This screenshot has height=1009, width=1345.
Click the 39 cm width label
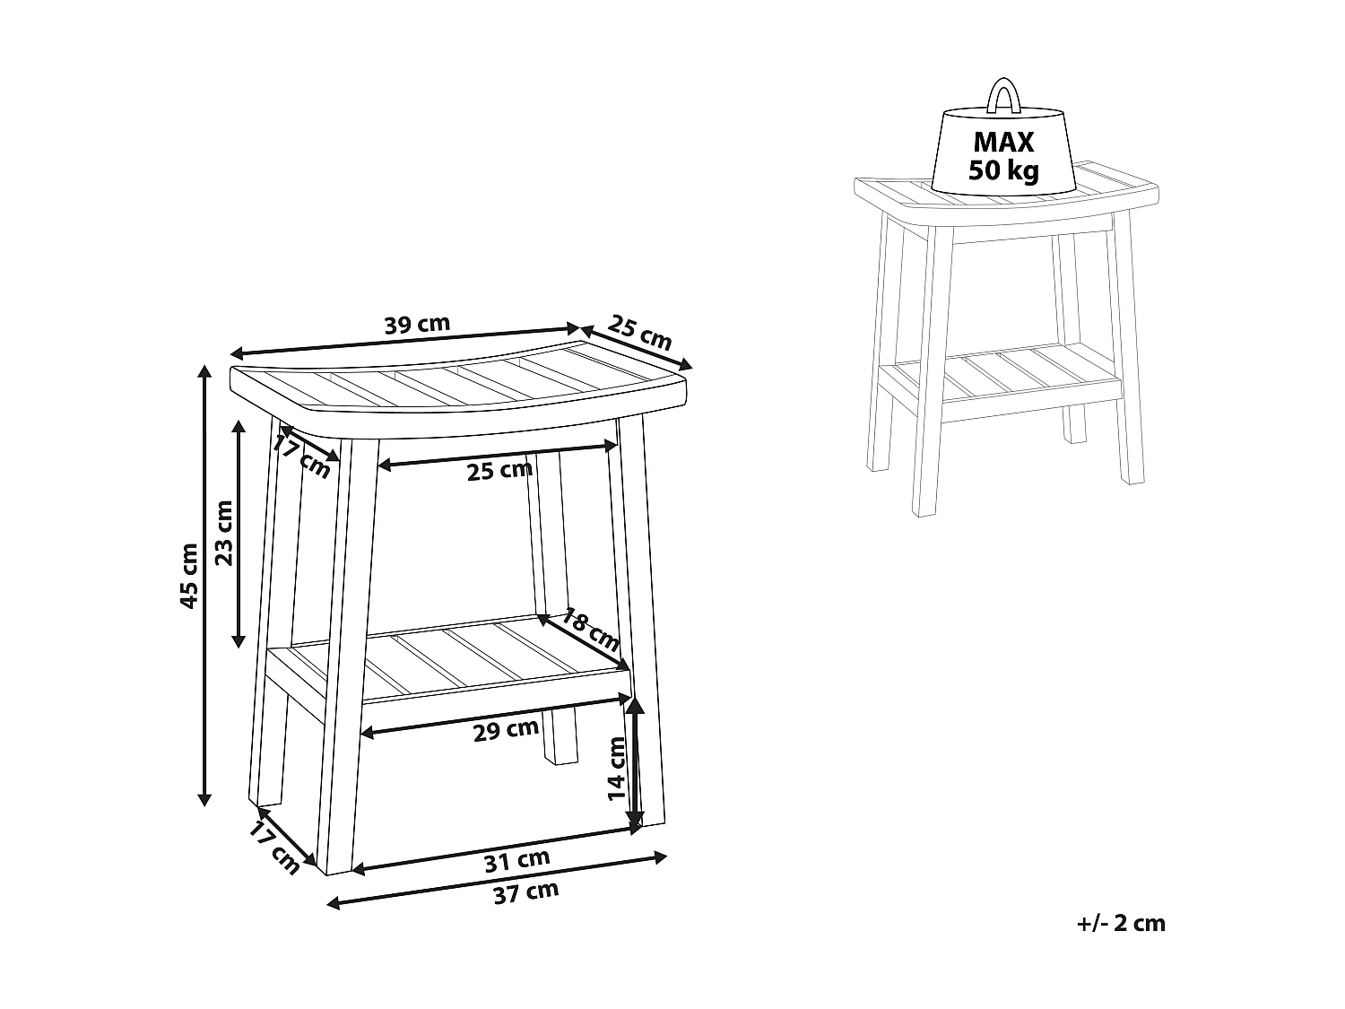point(417,324)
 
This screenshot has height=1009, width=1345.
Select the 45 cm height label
point(189,575)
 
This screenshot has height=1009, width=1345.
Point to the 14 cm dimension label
point(617,768)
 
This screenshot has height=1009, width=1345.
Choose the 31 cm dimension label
point(516,860)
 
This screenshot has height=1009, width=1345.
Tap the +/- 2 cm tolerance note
point(1121,923)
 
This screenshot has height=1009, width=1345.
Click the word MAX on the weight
point(1003,142)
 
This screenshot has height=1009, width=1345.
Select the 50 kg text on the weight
point(1003,170)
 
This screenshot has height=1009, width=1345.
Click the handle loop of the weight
point(1002,95)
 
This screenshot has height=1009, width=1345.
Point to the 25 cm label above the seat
point(639,332)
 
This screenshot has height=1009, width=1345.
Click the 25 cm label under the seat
point(499,469)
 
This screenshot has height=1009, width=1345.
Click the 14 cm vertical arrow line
point(635,762)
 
